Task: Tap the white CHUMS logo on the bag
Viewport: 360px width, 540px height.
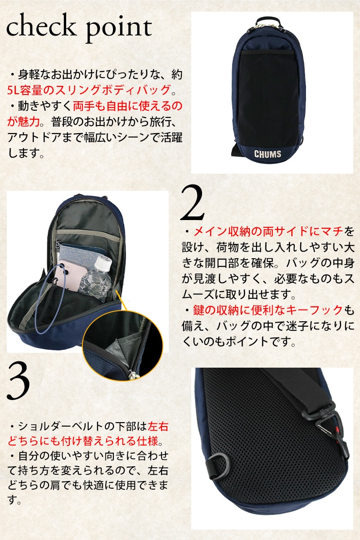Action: point(268,154)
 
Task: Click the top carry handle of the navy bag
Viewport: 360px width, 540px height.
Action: point(269,21)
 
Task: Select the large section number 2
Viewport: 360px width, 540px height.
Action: point(192,203)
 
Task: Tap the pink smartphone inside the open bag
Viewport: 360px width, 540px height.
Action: point(70,275)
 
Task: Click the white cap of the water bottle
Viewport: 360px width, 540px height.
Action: point(104,263)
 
